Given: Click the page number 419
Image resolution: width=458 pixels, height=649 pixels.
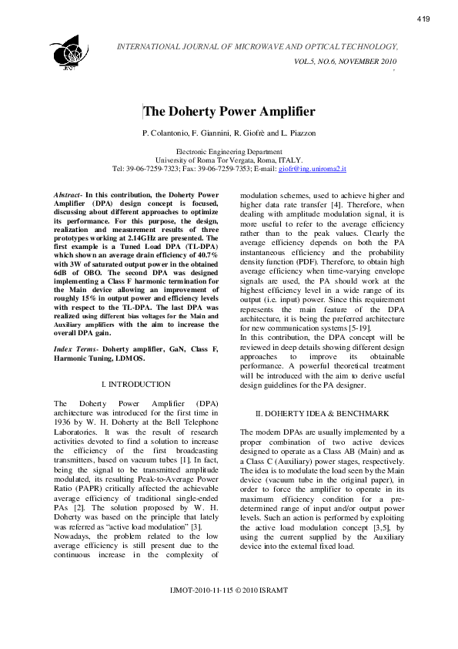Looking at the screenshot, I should (x=423, y=18).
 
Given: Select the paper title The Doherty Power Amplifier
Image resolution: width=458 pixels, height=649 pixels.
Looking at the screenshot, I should (x=229, y=112).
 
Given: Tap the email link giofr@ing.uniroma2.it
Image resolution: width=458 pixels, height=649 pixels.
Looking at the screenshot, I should (x=312, y=168).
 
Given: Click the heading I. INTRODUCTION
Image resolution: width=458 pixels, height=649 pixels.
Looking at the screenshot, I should (x=135, y=384).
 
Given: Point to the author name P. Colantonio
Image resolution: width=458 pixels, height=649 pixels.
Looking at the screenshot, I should (x=166, y=134).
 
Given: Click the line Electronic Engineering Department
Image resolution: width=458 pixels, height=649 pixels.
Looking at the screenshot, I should (x=229, y=152).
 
